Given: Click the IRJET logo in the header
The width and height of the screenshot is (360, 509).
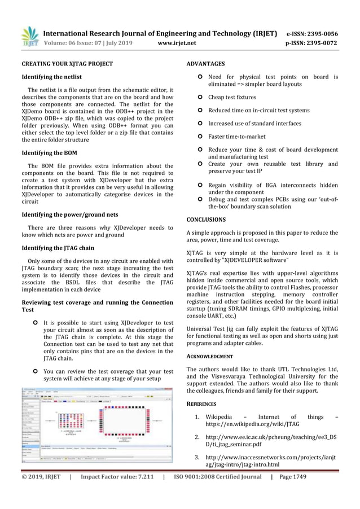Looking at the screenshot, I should coord(30,37).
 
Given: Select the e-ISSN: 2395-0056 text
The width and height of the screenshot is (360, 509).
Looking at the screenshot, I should coord(312,33).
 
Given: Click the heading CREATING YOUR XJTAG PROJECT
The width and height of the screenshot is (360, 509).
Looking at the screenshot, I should coord(67,64).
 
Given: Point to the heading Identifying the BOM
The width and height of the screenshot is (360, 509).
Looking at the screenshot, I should coord(49,153).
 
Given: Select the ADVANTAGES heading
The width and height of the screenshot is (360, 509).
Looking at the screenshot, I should coord(205,64).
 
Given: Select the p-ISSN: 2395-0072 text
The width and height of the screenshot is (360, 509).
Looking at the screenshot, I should coord(312,43).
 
